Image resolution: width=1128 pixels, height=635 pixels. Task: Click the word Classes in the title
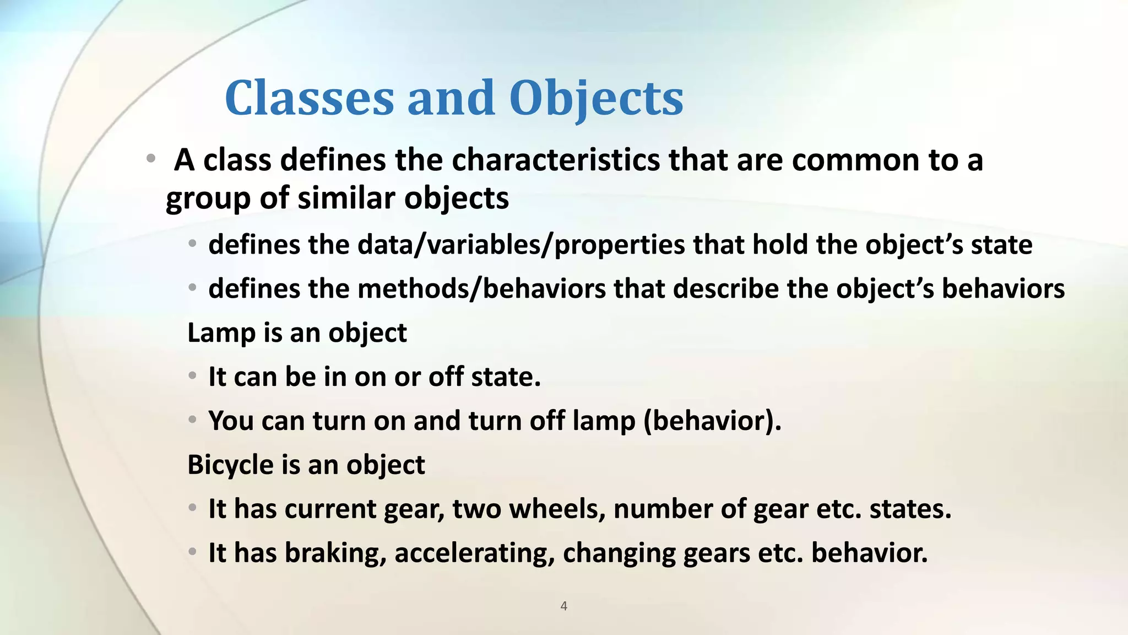309,98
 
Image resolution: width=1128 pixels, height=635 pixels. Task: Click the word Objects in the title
596,98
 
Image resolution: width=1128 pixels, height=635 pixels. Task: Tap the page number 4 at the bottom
563,606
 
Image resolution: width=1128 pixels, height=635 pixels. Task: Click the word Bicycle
230,465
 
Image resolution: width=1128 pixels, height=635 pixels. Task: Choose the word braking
335,553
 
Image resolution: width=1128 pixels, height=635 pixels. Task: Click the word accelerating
474,553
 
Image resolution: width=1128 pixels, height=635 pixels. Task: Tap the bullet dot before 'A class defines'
150,159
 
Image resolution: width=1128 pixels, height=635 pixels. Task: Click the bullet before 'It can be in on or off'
192,376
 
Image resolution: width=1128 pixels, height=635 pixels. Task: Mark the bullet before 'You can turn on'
192,420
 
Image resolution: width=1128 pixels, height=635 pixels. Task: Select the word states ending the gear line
910,509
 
